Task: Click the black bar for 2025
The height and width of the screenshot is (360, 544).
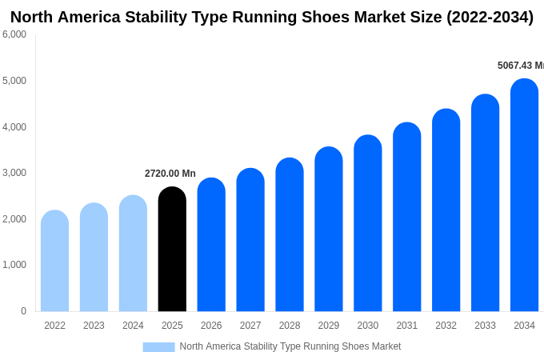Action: tap(172, 250)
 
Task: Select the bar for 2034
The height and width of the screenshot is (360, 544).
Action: tap(524, 195)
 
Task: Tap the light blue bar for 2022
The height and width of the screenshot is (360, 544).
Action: tap(54, 261)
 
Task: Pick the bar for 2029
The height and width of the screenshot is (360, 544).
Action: tap(328, 230)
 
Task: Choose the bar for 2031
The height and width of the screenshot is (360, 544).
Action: tap(406, 217)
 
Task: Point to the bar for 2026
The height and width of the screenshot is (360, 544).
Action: tap(211, 245)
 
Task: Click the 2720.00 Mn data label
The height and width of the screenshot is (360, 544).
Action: tap(170, 174)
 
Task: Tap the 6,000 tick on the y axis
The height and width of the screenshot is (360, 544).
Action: tap(14, 34)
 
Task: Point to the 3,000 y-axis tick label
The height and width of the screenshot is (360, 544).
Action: tap(14, 173)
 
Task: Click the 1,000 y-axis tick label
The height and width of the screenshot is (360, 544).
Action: tap(14, 265)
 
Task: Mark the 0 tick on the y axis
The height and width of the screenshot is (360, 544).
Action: tap(23, 311)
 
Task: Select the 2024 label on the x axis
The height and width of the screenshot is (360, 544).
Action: tap(133, 326)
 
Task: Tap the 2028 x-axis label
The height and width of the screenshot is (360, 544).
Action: tap(290, 326)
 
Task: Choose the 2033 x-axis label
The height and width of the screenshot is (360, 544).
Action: tap(485, 326)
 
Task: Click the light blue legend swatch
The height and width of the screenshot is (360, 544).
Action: tap(158, 347)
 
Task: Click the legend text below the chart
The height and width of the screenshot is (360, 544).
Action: tap(290, 346)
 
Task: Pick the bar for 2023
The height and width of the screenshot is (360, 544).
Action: tap(94, 258)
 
